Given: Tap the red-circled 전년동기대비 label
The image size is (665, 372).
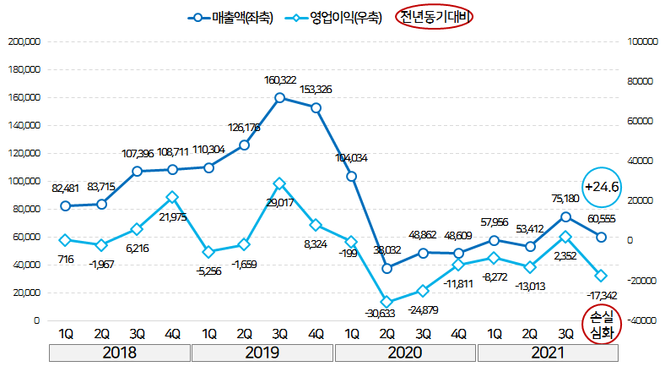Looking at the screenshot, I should (436, 17).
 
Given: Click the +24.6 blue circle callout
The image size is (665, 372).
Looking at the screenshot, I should (602, 187).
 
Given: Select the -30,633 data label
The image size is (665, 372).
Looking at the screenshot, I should (385, 315).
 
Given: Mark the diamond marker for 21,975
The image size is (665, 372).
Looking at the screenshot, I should (172, 197).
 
